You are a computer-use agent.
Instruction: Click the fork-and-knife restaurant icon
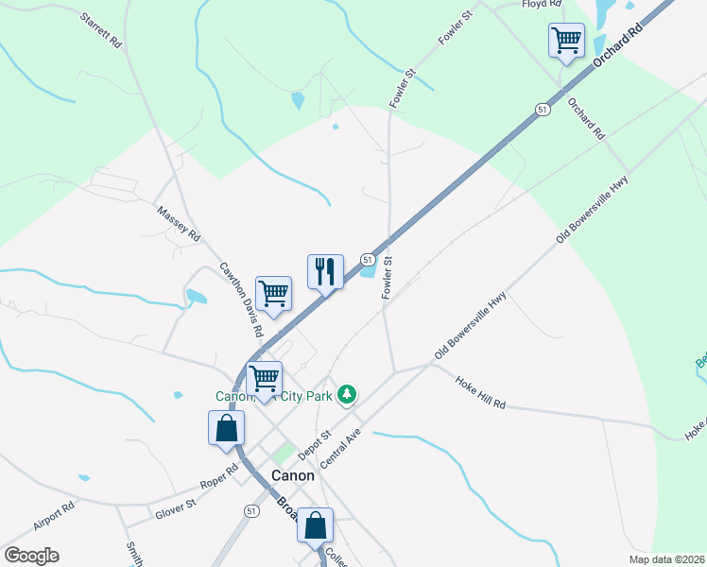click(325, 271)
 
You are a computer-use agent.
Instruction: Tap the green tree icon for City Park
click(348, 394)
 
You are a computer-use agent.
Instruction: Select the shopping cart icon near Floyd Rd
click(566, 41)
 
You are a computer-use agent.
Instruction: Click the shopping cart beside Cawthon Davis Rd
click(273, 293)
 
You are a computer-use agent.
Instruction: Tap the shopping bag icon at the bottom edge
click(316, 524)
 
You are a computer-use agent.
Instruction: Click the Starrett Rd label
click(103, 31)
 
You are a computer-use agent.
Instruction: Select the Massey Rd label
click(180, 223)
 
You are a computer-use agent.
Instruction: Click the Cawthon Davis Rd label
click(241, 299)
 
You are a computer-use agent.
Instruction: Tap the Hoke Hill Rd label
click(480, 391)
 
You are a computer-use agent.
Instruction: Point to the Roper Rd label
click(218, 476)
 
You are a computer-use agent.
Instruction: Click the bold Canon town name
click(292, 476)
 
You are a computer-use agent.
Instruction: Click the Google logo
click(31, 556)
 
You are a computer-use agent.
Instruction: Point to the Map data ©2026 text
click(666, 559)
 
